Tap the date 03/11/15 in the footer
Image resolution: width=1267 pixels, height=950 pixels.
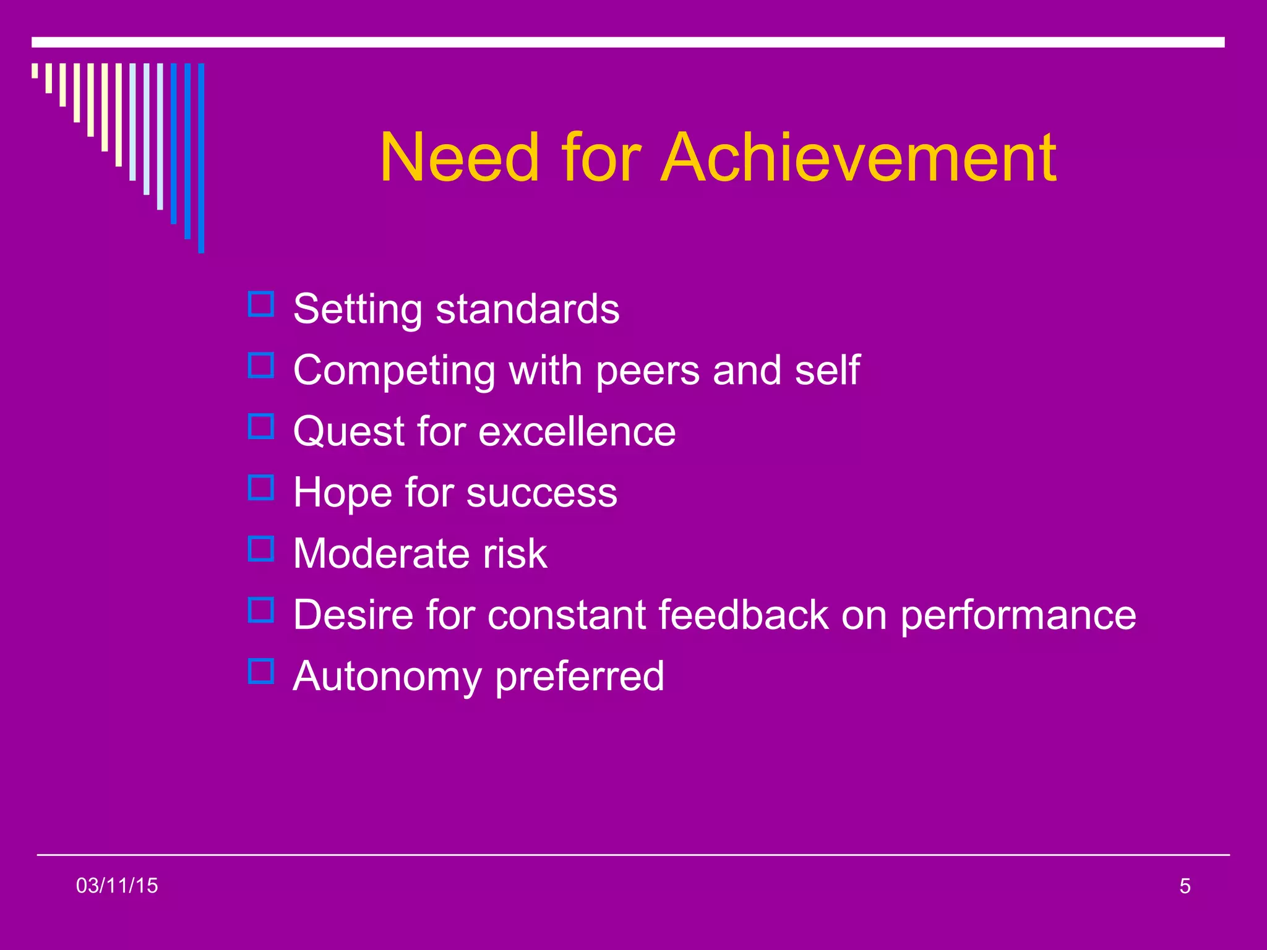point(117,886)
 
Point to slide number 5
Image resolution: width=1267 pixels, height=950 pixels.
point(1185,886)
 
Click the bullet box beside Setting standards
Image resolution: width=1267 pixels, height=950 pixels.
point(260,304)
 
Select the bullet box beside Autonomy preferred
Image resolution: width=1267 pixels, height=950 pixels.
point(260,671)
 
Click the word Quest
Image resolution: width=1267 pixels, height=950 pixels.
point(348,432)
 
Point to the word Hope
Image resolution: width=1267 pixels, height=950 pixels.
point(343,492)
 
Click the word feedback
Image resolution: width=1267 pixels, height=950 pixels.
point(743,615)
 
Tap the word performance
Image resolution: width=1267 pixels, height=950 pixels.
point(1018,616)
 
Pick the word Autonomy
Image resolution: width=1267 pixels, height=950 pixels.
point(387,677)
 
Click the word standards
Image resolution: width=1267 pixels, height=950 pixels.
point(527,309)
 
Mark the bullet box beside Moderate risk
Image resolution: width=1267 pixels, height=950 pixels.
point(260,549)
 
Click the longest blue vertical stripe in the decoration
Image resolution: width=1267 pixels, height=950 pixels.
point(201,158)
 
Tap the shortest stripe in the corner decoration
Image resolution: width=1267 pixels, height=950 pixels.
point(35,71)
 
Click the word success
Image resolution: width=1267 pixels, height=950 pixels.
point(541,493)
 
